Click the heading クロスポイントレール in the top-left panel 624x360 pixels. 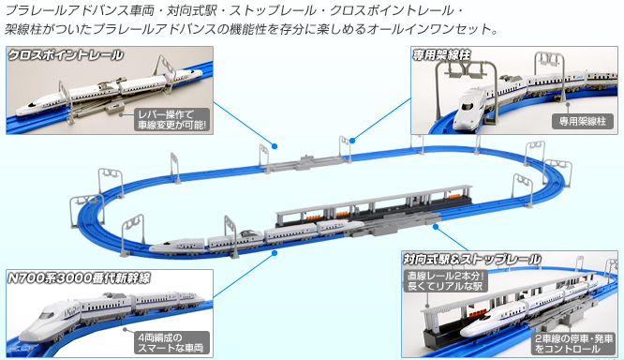(66, 55)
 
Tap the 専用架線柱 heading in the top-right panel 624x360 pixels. (441, 55)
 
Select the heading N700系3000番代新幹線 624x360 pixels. (80, 277)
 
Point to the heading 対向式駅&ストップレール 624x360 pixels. (472, 260)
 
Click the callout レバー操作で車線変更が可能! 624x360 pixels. (171, 119)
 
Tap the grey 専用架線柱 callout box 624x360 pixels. (583, 121)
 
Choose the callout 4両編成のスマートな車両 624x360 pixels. (171, 342)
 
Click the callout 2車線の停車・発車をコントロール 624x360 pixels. (573, 344)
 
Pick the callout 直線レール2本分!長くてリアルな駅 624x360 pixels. (446, 280)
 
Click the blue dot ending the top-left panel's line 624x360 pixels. (275, 146)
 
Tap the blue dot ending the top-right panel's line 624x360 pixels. (352, 141)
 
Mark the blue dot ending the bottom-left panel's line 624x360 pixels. (275, 253)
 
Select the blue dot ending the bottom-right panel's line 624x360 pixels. (436, 227)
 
